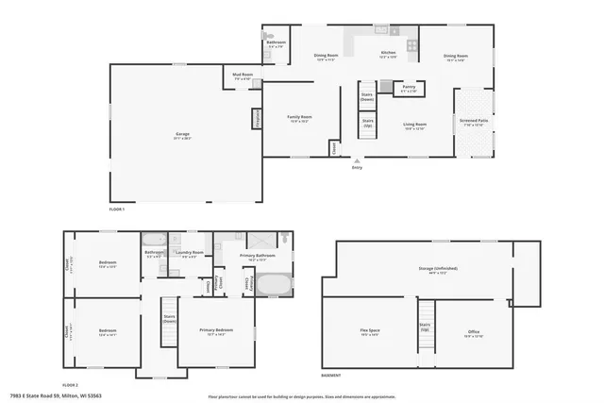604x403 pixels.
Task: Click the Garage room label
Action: point(182,135)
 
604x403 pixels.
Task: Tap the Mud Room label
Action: point(243,75)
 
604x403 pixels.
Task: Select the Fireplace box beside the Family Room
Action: point(256,119)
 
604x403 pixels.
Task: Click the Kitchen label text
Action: point(388,54)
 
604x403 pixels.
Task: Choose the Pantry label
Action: point(408,87)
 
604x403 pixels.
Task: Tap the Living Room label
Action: point(415,125)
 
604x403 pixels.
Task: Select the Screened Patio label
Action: point(474,123)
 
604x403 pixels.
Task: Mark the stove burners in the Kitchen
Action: point(411,45)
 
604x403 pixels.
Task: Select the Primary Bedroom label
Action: point(215,330)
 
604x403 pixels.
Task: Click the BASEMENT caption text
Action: point(331,376)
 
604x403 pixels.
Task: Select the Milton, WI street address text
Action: point(57,396)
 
